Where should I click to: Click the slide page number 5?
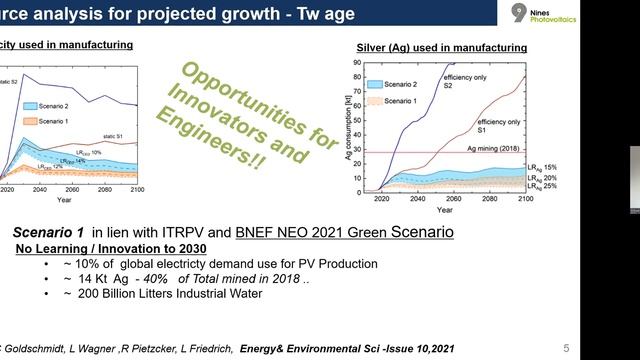point(565,347)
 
